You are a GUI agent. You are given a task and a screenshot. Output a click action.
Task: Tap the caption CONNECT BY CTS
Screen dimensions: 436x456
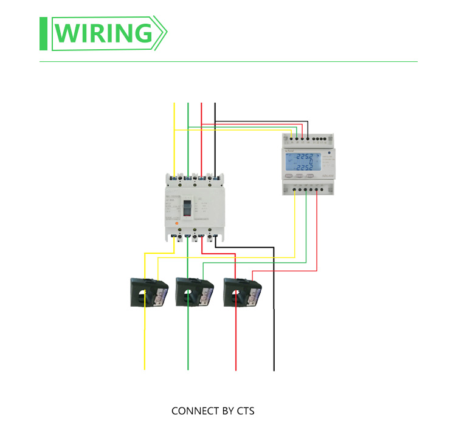213,411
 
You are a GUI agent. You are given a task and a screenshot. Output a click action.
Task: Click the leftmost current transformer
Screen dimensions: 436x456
148,292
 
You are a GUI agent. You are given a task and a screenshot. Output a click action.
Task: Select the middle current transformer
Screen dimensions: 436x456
193,292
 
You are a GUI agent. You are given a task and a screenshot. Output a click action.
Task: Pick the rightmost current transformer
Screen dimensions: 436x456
241,292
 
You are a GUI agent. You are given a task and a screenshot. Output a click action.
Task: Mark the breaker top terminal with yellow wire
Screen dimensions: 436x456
174,178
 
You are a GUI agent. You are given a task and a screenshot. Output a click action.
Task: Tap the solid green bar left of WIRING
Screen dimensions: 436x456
44,34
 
